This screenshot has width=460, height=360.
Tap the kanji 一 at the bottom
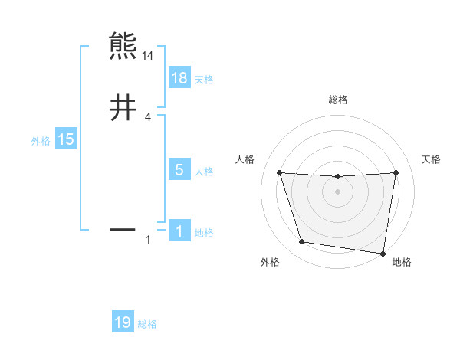[x=123, y=228]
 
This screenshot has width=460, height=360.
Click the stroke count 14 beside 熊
[x=148, y=56]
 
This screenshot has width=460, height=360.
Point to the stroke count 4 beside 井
[x=148, y=116]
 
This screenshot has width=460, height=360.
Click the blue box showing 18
[x=179, y=78]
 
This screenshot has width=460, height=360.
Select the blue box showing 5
[x=179, y=170]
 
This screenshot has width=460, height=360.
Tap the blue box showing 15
[x=65, y=139]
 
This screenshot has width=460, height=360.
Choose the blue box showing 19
[x=123, y=322]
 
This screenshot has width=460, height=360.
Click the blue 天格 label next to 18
[x=204, y=79]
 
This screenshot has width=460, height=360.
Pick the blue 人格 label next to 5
[x=204, y=171]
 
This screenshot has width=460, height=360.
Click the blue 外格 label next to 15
[x=41, y=140]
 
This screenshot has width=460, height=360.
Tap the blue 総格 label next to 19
[x=148, y=324]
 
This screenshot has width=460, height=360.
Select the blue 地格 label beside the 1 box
[x=204, y=233]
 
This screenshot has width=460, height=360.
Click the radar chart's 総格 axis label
[x=337, y=100]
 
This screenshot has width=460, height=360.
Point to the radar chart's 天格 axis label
[x=432, y=159]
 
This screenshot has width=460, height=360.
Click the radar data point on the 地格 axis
[x=383, y=253]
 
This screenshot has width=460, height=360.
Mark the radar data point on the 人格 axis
[x=279, y=172]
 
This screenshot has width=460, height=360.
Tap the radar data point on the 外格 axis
[x=302, y=242]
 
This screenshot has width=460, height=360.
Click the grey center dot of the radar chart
[x=337, y=191]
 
